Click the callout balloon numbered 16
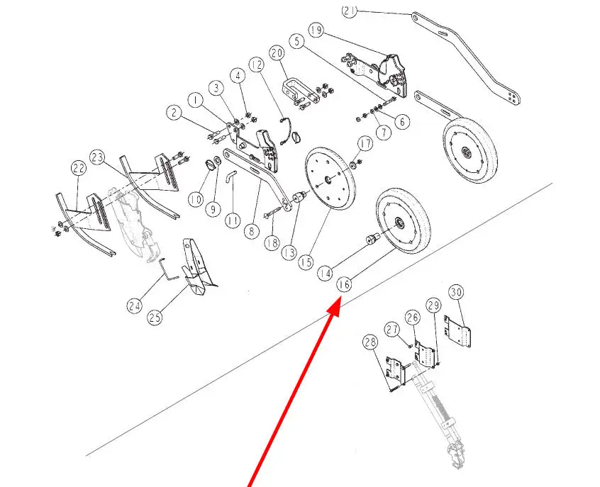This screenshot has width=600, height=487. tap(344, 284)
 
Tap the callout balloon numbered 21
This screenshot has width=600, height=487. tap(349, 11)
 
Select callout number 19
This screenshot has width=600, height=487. tap(316, 30)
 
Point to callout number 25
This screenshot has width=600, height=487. tap(155, 317)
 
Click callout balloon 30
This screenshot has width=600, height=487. tap(456, 293)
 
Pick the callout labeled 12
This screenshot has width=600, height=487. tap(257, 65)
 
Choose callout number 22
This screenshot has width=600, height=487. tap(79, 168)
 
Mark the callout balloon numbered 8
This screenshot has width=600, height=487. tap(251, 231)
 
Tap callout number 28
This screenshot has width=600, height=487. tap(370, 342)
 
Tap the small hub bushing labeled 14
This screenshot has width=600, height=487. tap(372, 239)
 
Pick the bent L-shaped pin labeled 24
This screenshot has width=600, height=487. tap(167, 269)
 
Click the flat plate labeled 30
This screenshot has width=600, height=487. tap(458, 331)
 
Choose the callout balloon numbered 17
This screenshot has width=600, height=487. tap(365, 144)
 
